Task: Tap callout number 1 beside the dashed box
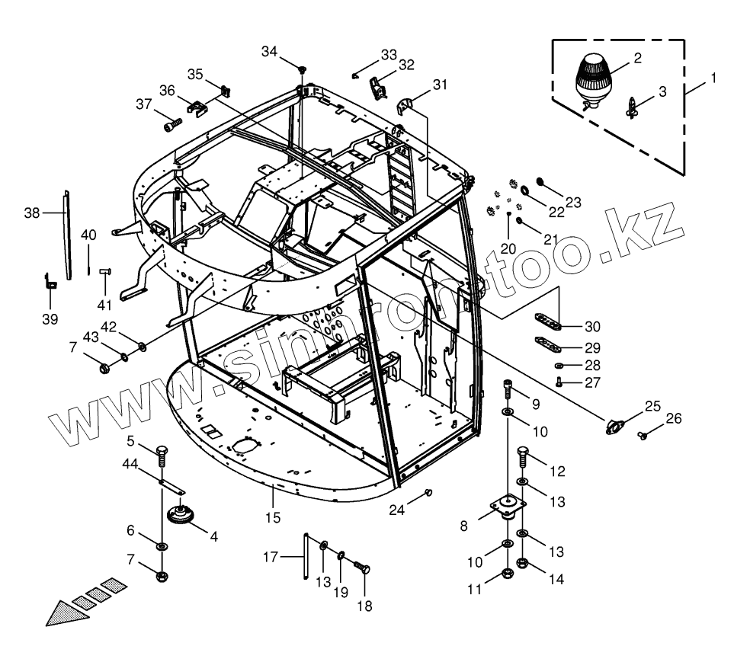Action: [713, 77]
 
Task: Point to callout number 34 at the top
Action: [270, 51]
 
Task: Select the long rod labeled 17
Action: [306, 558]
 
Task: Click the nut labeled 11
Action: [508, 574]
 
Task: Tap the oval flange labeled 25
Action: [614, 427]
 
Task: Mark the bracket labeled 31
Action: [409, 103]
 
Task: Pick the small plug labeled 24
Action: [428, 492]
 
